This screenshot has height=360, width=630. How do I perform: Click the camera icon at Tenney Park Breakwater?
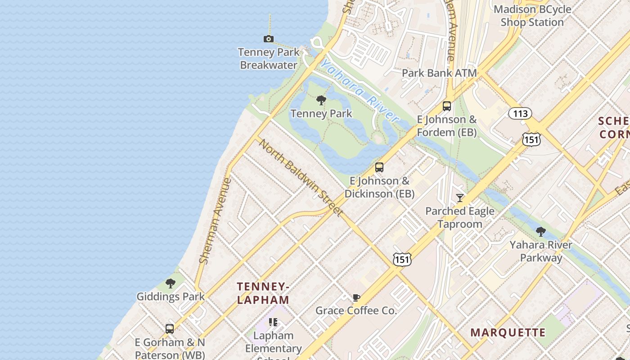tap(269, 39)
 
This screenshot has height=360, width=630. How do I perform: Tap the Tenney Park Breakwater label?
tap(269, 59)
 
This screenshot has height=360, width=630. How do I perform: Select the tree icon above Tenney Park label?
tap(321, 100)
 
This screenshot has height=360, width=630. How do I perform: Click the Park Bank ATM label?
tap(439, 73)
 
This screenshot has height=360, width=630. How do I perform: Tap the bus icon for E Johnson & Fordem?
tap(447, 106)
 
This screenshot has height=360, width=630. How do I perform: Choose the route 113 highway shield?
tap(520, 113)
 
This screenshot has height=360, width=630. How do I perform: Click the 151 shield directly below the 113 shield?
tap(531, 140)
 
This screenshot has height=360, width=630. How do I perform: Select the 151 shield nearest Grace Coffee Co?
tap(401, 259)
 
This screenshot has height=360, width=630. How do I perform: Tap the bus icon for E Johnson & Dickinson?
tap(379, 167)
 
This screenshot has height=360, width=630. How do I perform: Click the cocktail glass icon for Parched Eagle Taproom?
tap(460, 198)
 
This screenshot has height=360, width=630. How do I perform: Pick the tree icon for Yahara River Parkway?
tap(541, 232)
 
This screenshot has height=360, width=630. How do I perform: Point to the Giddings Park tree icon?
tap(171, 283)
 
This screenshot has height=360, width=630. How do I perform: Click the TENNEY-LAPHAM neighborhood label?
tap(263, 293)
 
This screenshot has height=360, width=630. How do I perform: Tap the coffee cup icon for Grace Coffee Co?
tap(356, 297)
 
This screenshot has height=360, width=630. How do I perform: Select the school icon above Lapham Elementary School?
tap(273, 322)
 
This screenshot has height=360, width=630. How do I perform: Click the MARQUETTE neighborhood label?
tap(508, 333)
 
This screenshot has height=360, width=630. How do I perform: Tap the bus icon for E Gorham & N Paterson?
tap(170, 329)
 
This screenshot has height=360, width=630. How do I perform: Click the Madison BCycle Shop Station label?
tap(532, 16)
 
